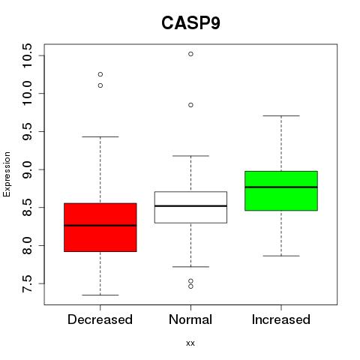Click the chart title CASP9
190,22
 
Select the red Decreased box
100,227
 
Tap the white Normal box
190,207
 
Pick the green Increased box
281,190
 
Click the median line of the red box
100,226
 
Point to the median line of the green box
281,187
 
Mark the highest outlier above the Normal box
190,54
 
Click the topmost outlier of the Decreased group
100,74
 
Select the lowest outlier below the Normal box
190,286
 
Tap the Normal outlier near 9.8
190,105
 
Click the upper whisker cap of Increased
281,115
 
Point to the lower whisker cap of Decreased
100,295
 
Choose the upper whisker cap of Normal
190,156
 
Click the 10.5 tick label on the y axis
27,55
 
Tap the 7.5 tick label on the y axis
27,283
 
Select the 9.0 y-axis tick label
27,169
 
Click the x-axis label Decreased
100,319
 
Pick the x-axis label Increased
281,319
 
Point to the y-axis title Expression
7,174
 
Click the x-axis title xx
190,343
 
